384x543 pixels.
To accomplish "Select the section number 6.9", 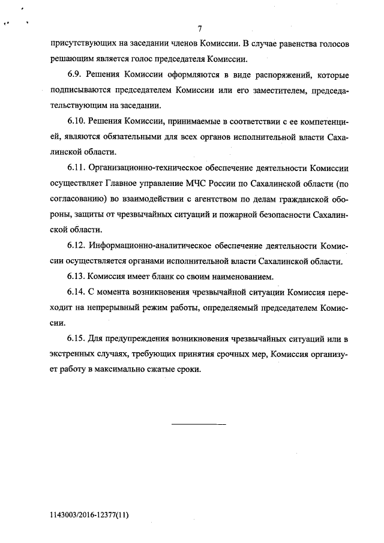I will pos(73,76).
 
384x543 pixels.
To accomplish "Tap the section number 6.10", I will pos(76,122).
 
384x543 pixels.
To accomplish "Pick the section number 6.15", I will pos(76,340).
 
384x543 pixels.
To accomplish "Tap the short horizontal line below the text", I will pos(199,424).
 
